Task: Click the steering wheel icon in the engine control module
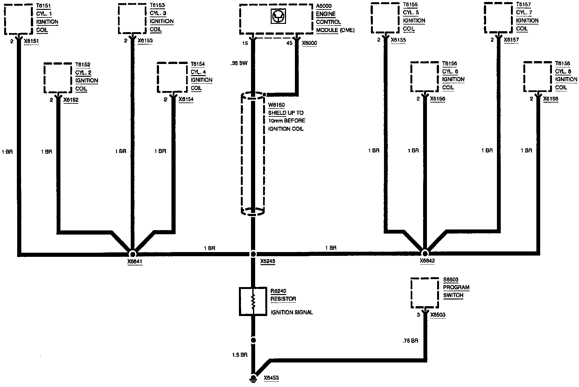click(x=276, y=16)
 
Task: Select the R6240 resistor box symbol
click(x=253, y=301)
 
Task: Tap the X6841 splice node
click(x=132, y=254)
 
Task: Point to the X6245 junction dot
click(x=253, y=254)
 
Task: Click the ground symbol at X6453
click(x=254, y=377)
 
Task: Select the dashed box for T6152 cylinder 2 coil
click(x=58, y=78)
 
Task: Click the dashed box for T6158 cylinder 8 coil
click(x=538, y=77)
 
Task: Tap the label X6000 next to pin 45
click(x=309, y=43)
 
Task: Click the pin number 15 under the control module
click(x=245, y=43)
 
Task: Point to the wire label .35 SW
click(x=239, y=63)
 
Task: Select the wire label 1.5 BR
click(x=240, y=355)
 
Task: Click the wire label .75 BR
click(x=410, y=341)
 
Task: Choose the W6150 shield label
click(x=276, y=105)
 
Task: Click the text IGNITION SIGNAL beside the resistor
click(x=292, y=313)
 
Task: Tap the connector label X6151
click(x=31, y=41)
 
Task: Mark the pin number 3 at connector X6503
click(x=418, y=315)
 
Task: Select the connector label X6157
click(x=511, y=40)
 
